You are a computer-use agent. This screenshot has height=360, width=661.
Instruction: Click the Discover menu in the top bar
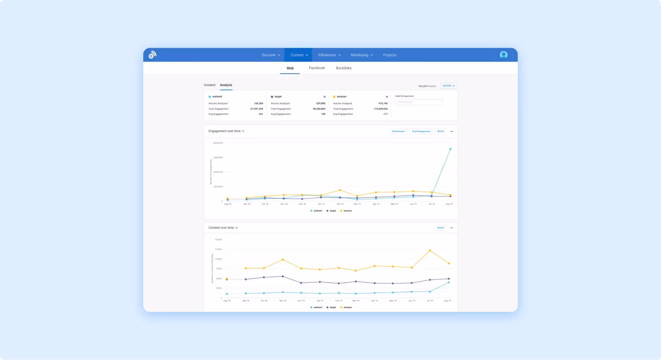pyautogui.click(x=271, y=55)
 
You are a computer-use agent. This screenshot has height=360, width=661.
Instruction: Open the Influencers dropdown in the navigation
pyautogui.click(x=329, y=55)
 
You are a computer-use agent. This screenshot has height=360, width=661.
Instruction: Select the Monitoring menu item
pyautogui.click(x=361, y=55)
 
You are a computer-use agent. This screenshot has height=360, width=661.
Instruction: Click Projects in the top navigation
pyautogui.click(x=389, y=55)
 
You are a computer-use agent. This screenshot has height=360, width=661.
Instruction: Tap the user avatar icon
pyautogui.click(x=503, y=55)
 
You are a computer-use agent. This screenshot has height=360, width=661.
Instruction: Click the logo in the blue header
pyautogui.click(x=152, y=55)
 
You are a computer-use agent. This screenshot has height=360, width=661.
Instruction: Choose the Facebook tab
pyautogui.click(x=317, y=68)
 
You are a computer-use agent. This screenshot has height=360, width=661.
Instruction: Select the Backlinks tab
pyautogui.click(x=343, y=68)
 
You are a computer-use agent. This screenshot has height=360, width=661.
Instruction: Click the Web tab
pyautogui.click(x=290, y=68)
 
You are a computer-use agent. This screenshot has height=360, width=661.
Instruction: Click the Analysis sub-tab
pyautogui.click(x=226, y=85)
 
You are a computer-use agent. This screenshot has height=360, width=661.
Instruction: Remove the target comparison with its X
pyautogui.click(x=324, y=97)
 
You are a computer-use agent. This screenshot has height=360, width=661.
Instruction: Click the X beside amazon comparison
pyautogui.click(x=387, y=97)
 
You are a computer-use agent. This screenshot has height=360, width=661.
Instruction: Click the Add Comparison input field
pyautogui.click(x=419, y=102)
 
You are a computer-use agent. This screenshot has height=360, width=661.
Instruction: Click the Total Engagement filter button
pyautogui.click(x=421, y=132)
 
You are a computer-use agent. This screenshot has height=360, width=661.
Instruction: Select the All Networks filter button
pyautogui.click(x=398, y=132)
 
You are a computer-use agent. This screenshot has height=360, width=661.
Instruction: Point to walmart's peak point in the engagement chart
pyautogui.click(x=450, y=149)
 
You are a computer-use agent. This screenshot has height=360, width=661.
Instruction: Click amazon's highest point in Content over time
pyautogui.click(x=430, y=251)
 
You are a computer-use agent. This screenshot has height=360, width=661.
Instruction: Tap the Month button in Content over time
pyautogui.click(x=440, y=228)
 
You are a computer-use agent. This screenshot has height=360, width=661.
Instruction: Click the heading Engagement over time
pyautogui.click(x=224, y=131)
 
